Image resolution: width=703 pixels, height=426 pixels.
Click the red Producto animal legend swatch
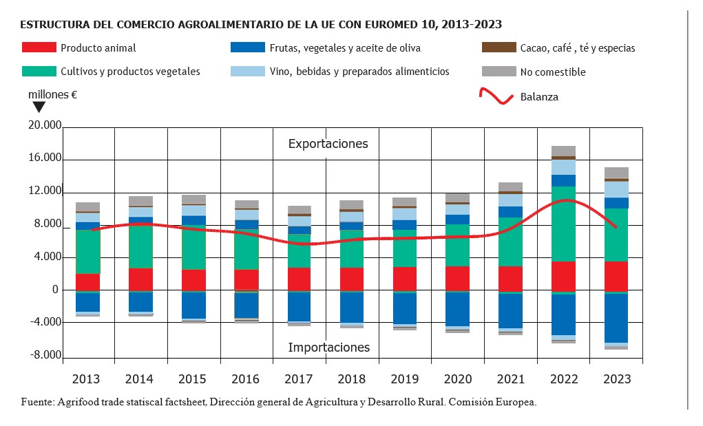click(39, 48)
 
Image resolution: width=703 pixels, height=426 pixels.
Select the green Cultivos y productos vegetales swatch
click(39, 71)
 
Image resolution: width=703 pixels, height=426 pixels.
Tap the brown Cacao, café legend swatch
click(498, 48)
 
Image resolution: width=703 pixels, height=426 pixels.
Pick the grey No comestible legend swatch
click(498, 71)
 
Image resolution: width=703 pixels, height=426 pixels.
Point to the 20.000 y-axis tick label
click(43, 126)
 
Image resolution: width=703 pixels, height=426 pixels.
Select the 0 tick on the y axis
click(55, 290)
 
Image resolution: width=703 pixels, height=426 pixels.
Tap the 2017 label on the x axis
click(299, 379)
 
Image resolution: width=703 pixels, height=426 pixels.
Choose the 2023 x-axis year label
click(616, 379)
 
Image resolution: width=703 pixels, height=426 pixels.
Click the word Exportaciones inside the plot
click(328, 144)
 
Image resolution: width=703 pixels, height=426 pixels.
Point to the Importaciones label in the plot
click(328, 348)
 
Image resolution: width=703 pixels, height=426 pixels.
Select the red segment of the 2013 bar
click(87, 282)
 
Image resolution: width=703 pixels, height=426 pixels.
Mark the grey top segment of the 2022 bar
click(563, 151)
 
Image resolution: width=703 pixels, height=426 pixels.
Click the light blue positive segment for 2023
click(616, 189)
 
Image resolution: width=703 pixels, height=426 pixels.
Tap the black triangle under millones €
click(39, 107)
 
